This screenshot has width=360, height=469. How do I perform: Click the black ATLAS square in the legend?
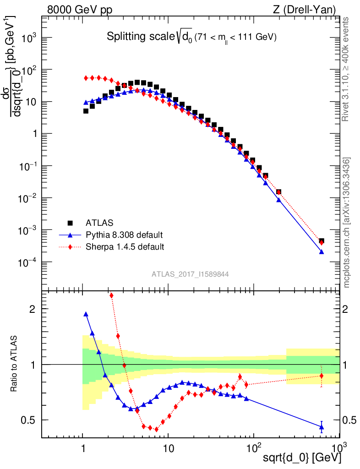(x=70, y=223)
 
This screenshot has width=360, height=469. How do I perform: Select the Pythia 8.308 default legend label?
(x=124, y=235)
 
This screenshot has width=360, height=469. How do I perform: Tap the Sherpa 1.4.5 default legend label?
(x=125, y=247)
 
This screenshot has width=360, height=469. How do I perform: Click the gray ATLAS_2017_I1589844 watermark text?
(x=190, y=274)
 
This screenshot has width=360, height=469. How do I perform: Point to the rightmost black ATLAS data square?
(x=322, y=241)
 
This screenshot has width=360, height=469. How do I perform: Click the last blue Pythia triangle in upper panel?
(x=322, y=252)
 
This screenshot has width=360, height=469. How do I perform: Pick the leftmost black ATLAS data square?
(x=86, y=111)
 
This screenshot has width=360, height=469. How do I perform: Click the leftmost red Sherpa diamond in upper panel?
(x=86, y=78)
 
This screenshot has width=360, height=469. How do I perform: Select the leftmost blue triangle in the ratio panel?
(x=86, y=314)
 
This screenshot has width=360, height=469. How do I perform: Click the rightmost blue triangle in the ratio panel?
(x=322, y=427)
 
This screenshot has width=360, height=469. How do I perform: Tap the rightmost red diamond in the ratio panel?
(x=322, y=376)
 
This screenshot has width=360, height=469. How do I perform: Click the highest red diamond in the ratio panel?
(x=112, y=295)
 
